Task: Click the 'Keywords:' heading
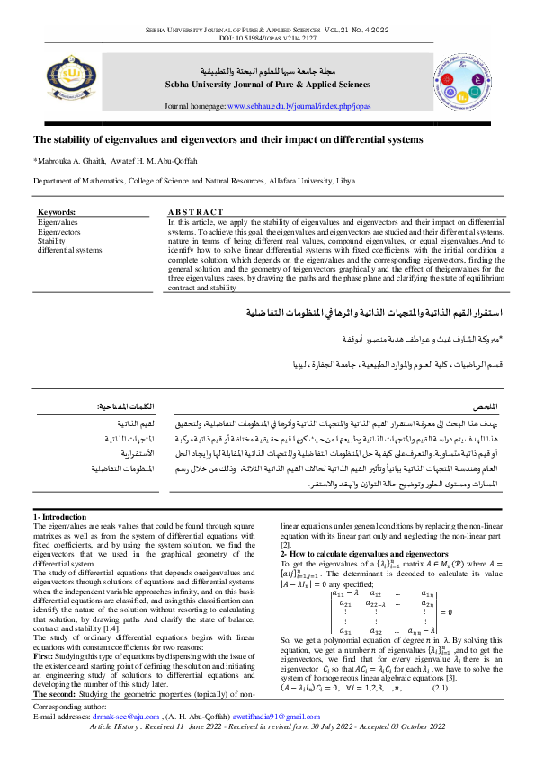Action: click(57, 213)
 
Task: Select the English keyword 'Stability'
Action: click(51, 241)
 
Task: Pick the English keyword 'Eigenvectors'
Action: click(58, 231)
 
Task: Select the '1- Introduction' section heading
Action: click(61, 517)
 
